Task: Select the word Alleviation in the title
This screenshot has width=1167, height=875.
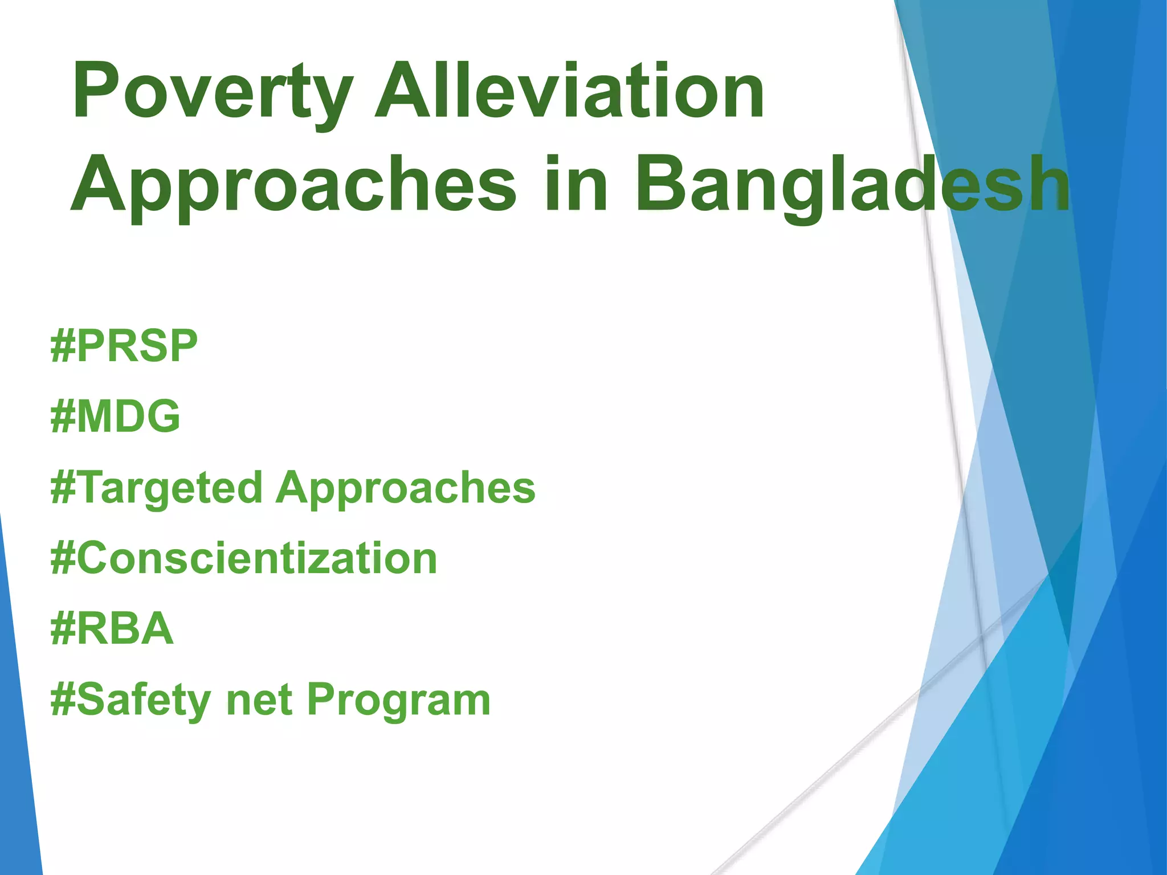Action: tap(570, 91)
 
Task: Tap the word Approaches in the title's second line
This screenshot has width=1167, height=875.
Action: tap(293, 185)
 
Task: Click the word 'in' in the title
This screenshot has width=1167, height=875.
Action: tap(576, 185)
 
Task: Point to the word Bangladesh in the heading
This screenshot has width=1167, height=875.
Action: tap(852, 185)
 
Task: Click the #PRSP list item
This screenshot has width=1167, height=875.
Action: tap(124, 346)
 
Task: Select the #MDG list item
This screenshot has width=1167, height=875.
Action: tap(116, 416)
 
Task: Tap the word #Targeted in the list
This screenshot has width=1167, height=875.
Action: tap(157, 489)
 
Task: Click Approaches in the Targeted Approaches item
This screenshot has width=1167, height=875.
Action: tap(406, 489)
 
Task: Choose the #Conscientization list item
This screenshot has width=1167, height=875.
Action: tap(244, 559)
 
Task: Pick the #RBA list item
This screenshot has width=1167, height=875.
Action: tap(112, 629)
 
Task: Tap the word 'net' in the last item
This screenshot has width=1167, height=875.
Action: tap(259, 701)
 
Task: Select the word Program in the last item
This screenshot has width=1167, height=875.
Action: tap(399, 701)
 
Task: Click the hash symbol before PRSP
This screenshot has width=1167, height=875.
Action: tap(63, 346)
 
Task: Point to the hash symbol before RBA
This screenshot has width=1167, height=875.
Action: tap(63, 629)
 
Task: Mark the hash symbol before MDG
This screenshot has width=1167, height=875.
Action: tap(63, 416)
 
